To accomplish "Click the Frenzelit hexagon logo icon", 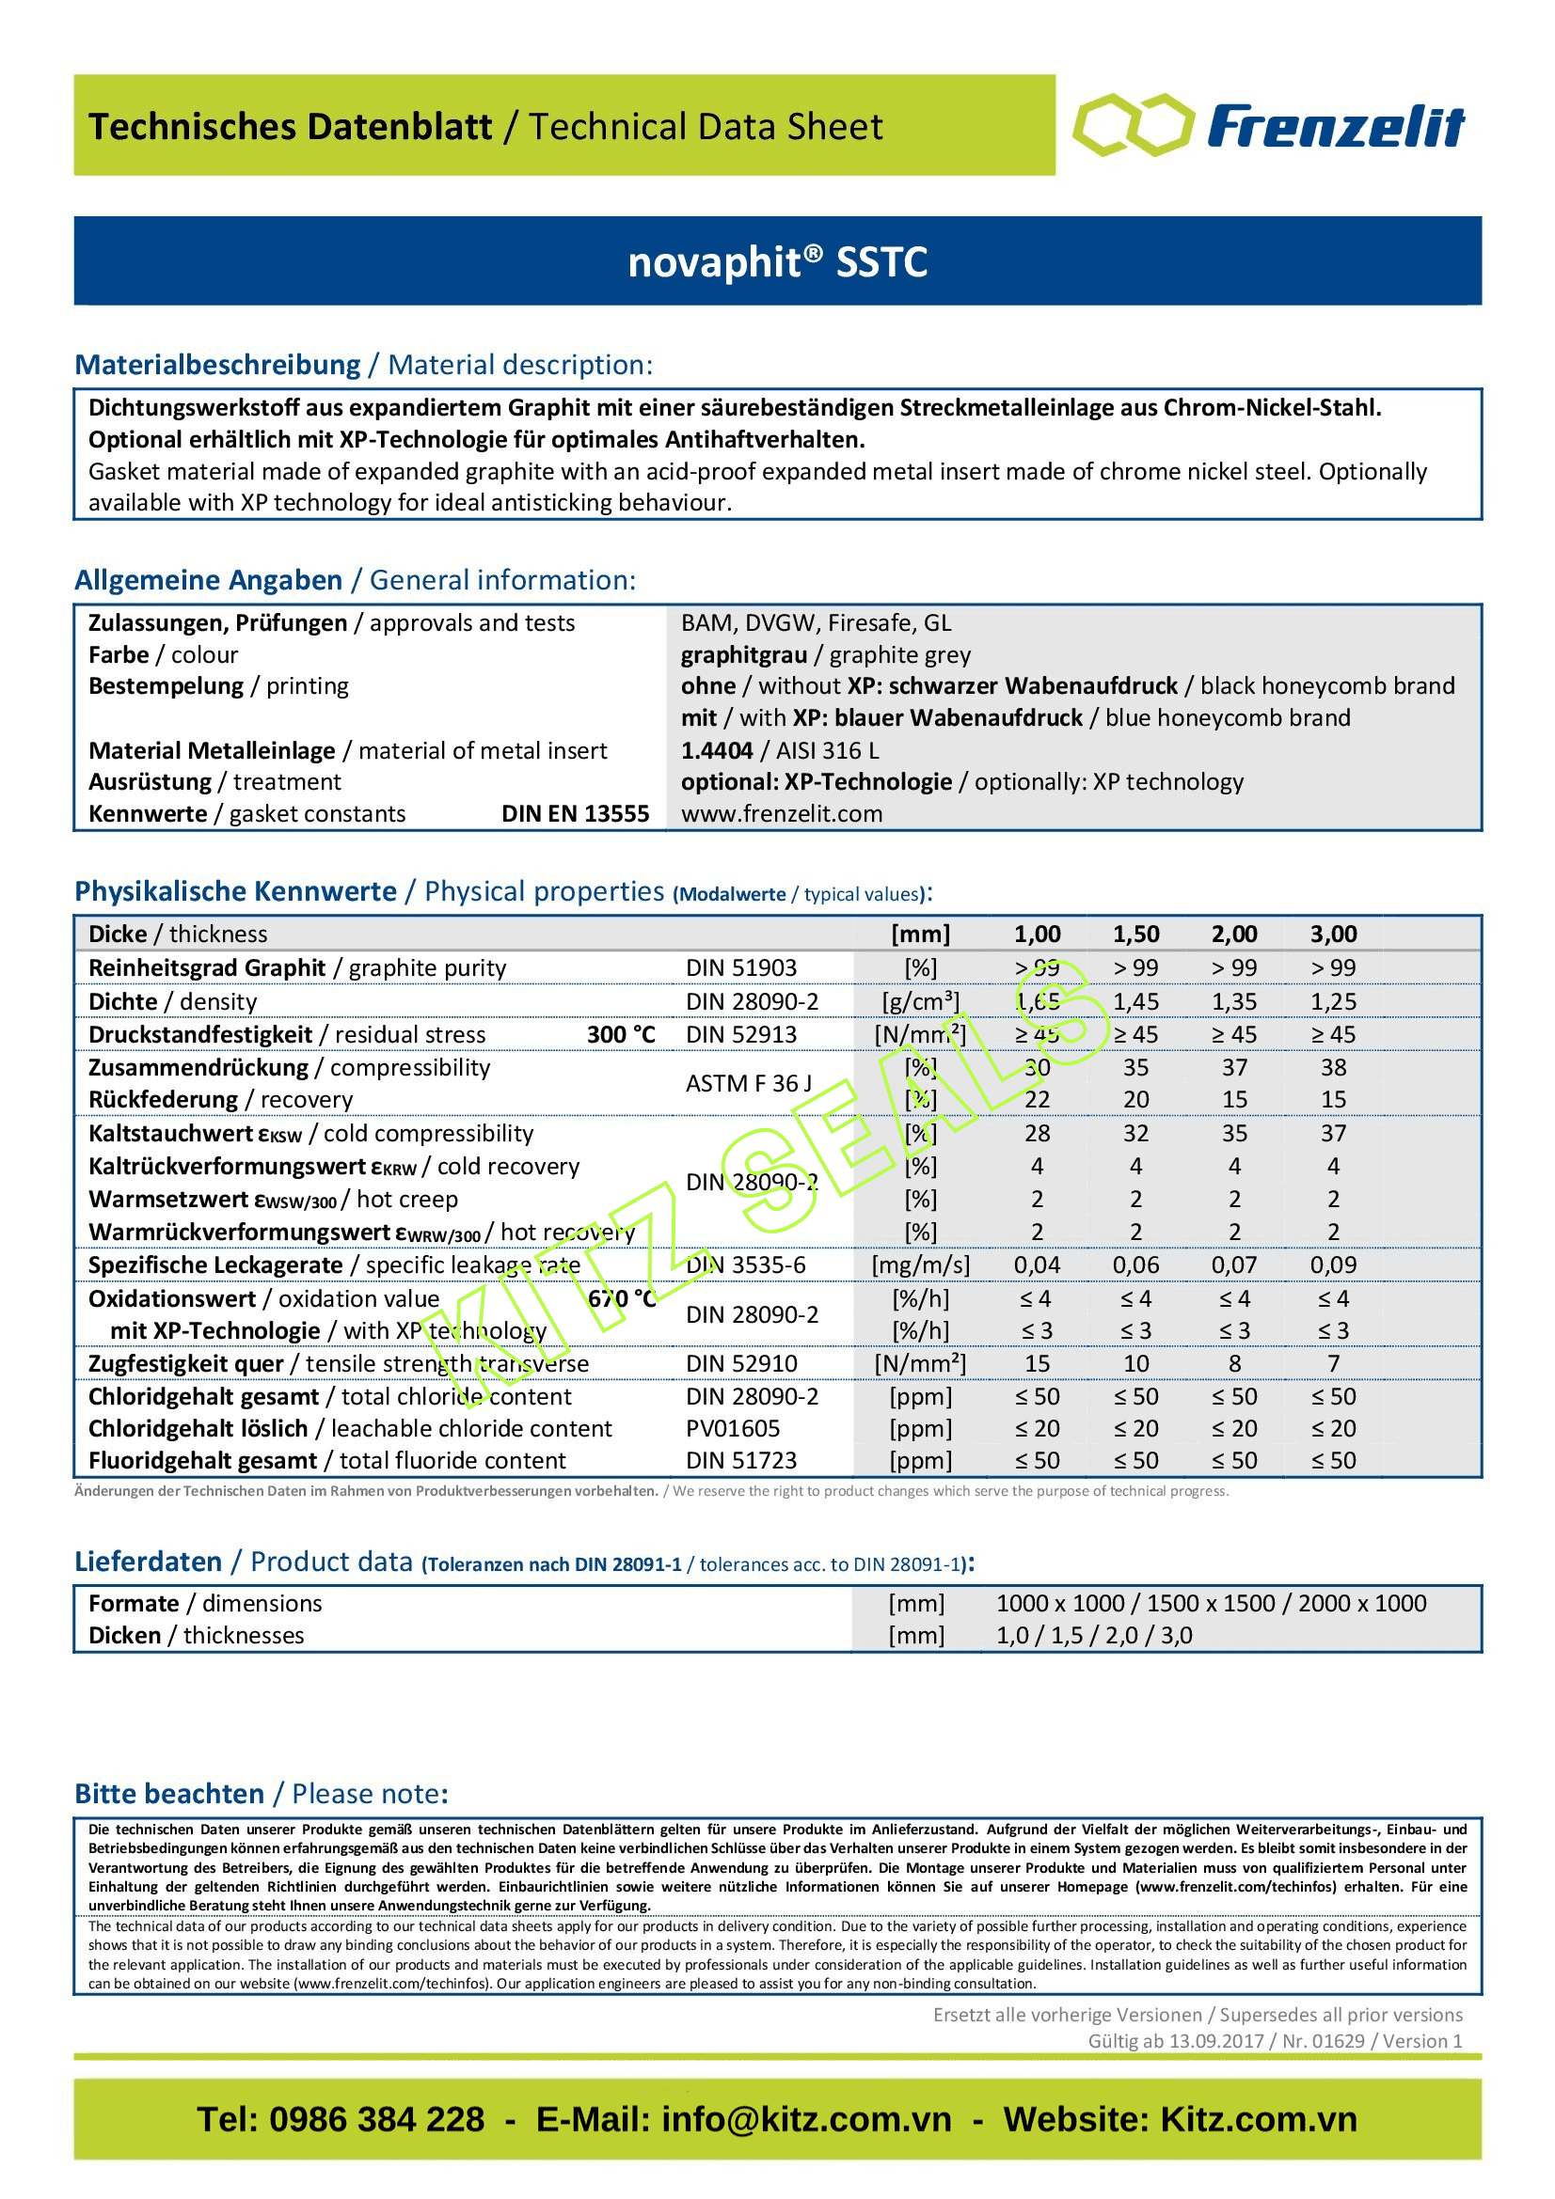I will pos(1134,125).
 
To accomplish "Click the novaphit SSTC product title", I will pos(777,261).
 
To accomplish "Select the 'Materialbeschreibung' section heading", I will pos(217,365).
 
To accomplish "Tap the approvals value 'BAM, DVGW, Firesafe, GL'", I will pos(817,623).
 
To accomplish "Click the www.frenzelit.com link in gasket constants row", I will pos(782,814).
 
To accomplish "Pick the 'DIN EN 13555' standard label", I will pos(575,814).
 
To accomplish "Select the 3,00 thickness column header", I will pos(1333,935).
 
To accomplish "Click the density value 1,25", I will pos(1333,1002).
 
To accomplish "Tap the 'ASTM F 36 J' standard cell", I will pos(748,1083).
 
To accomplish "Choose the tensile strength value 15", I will pos(1037,1363).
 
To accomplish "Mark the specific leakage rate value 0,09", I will pos(1333,1265).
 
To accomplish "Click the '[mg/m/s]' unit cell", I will pos(920,1265).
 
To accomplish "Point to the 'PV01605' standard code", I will pos(733,1428).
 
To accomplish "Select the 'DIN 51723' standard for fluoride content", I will pos(740,1461).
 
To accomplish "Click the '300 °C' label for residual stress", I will pos(621,1034).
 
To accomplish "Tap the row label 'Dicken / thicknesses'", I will pos(196,1635).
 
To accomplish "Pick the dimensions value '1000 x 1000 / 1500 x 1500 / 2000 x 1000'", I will pos(1211,1603).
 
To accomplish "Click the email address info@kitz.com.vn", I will pos(807,2119).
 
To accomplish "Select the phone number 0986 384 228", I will pos(376,2119).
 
